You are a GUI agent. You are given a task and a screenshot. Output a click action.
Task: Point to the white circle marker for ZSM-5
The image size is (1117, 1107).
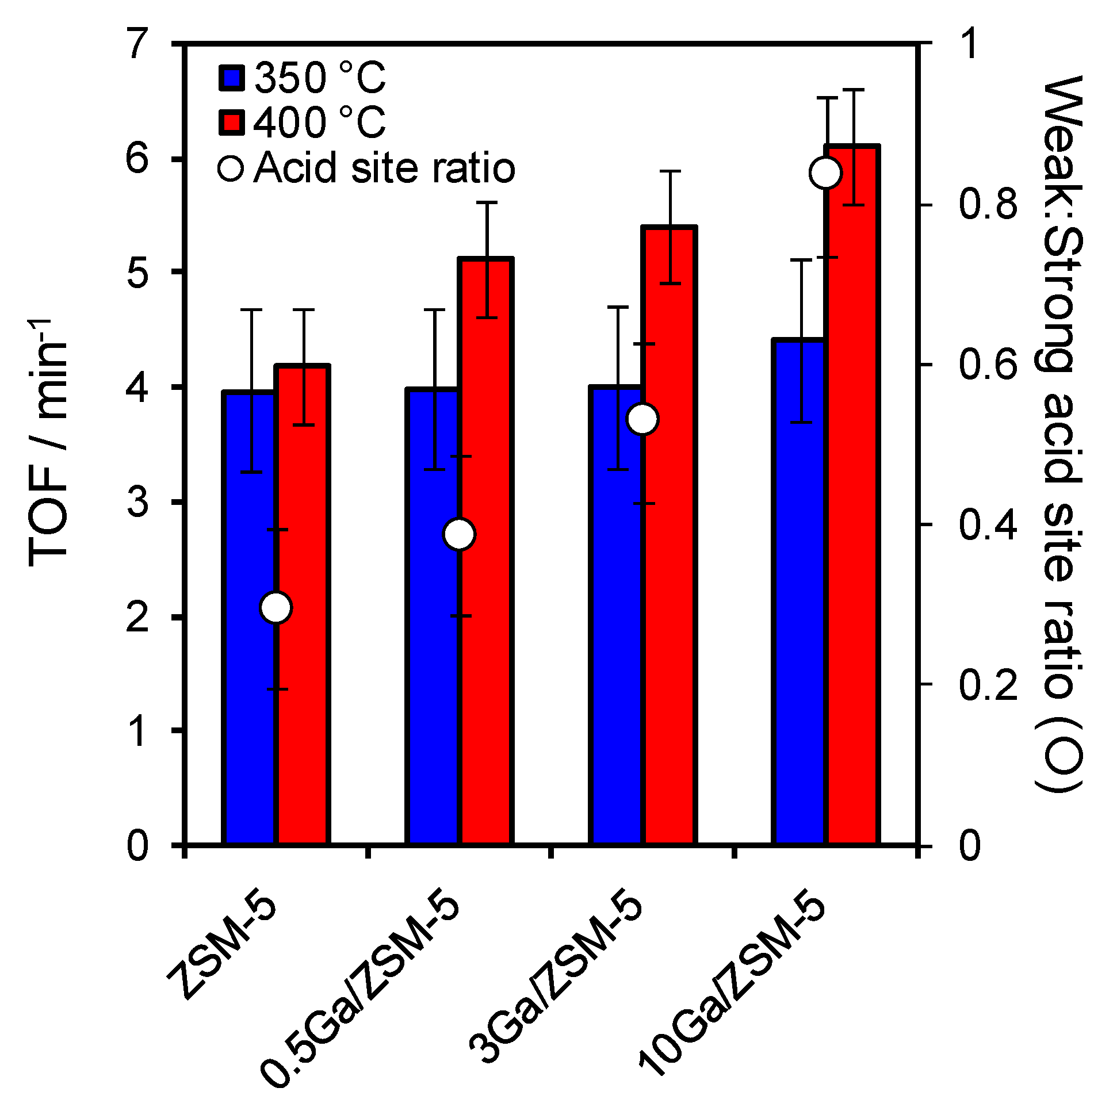coord(276,607)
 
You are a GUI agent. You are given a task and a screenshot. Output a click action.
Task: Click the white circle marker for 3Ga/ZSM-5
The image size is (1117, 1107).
coord(643,419)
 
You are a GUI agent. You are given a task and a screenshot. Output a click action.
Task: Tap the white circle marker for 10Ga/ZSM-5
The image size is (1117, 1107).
coord(825,173)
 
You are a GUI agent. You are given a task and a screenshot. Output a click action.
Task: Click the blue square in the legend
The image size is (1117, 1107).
coord(232,78)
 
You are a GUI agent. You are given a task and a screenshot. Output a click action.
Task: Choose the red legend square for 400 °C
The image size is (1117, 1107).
coord(232,122)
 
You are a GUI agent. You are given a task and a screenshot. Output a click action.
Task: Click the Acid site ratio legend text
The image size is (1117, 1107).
coord(384,169)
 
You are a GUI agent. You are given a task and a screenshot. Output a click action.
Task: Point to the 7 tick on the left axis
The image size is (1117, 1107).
coord(139,44)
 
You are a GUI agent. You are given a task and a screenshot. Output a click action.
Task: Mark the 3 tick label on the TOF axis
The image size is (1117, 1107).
coord(139,502)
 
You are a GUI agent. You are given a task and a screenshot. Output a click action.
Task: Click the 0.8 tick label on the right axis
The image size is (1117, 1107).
coord(989,204)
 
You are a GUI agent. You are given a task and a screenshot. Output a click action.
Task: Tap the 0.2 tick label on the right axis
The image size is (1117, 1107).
coord(989,685)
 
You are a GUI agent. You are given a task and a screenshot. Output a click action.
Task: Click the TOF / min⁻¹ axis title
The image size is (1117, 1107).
coord(49,442)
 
